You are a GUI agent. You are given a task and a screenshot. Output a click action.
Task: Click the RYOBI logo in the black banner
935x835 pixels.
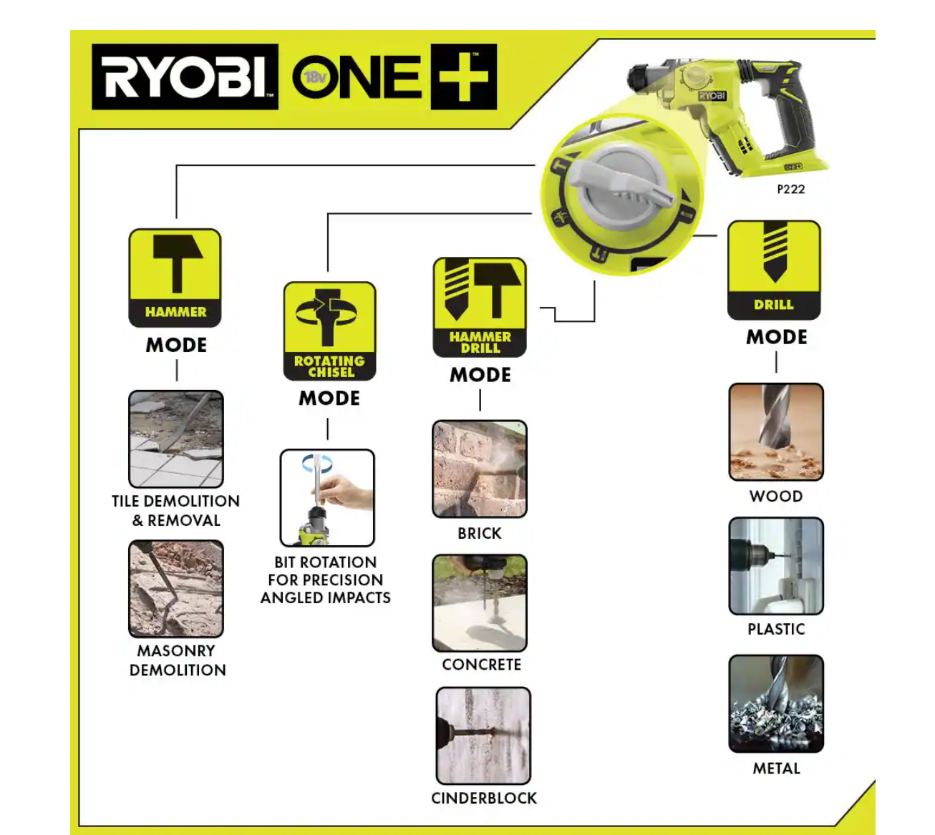pos(185,77)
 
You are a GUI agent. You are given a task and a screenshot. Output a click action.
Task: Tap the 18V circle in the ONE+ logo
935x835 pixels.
pos(316,77)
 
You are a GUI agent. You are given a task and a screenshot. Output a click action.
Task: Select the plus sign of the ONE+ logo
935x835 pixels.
pos(464,77)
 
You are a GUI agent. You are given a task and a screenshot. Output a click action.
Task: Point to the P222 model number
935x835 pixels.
pos(790,189)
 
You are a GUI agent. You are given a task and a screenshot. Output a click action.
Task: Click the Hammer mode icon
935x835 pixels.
pos(175,278)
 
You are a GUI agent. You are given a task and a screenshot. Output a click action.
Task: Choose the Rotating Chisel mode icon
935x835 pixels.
pos(329,331)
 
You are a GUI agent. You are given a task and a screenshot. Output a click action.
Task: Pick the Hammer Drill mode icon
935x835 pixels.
pos(480,307)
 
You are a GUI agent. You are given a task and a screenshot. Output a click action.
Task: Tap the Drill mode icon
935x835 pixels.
pos(774,270)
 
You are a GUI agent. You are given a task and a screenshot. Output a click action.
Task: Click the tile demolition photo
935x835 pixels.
pos(176,439)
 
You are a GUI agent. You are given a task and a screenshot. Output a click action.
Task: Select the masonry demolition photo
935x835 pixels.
pos(176,589)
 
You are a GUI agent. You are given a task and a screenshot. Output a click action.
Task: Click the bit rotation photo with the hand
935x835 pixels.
pos(327,498)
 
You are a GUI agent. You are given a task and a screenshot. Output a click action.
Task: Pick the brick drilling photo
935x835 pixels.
pos(480,469)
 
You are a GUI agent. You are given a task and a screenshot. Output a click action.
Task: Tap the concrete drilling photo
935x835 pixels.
pos(480,603)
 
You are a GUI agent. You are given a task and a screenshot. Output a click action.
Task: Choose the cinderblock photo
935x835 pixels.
pos(483,736)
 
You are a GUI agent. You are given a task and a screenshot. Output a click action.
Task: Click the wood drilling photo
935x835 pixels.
pos(776,431)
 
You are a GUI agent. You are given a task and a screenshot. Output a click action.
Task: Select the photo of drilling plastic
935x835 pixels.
pos(776,566)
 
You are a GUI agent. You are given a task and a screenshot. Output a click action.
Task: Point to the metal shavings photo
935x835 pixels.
pos(776,703)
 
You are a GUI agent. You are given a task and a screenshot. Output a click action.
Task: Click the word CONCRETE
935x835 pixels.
pos(481,665)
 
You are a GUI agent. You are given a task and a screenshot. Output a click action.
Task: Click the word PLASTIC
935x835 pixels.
pos(776,629)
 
